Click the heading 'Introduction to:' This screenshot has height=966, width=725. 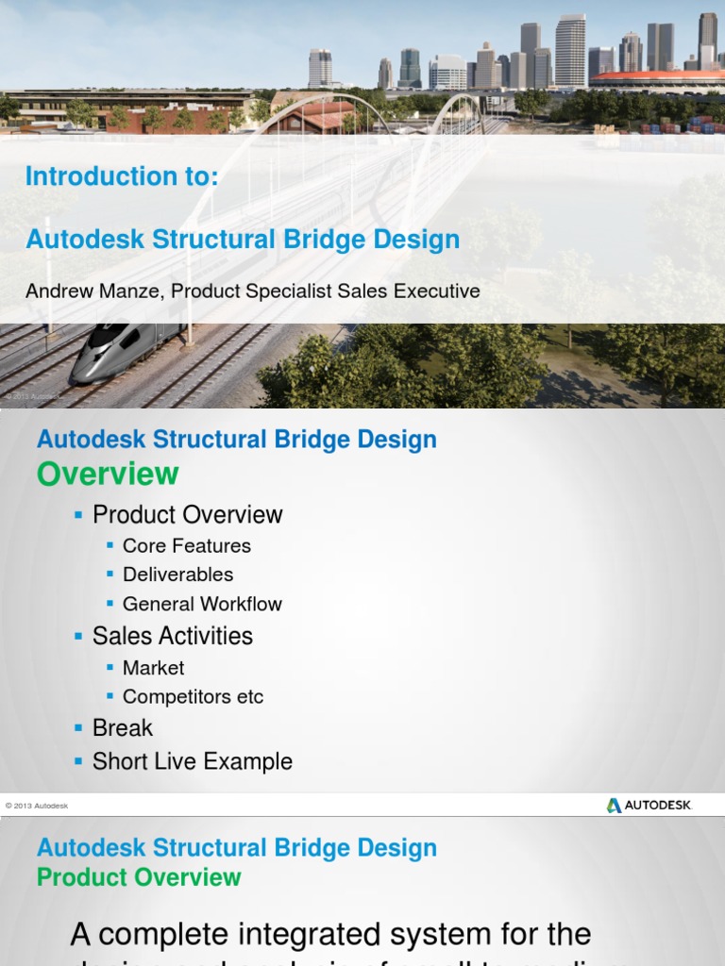tap(122, 176)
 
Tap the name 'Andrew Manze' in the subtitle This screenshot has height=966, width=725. tap(93, 291)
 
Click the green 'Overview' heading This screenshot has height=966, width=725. tap(108, 474)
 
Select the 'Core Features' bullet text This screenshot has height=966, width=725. tap(187, 546)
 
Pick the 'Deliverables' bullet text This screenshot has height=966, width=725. tap(177, 575)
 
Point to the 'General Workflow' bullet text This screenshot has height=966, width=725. tap(202, 604)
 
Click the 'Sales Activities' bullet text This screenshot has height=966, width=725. tap(173, 636)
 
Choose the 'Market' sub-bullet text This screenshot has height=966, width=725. tap(153, 668)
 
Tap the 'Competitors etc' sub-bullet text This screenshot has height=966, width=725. tap(193, 697)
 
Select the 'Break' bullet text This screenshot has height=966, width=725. tap(123, 728)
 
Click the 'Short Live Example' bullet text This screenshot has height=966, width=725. tap(193, 761)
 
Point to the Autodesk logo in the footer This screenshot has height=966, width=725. tap(649, 805)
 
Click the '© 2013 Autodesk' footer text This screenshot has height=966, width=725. tap(37, 806)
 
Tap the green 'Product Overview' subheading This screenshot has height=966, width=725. tap(139, 877)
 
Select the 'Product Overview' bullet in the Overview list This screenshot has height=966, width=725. tap(188, 515)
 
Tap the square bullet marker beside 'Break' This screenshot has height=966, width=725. tap(79, 728)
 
